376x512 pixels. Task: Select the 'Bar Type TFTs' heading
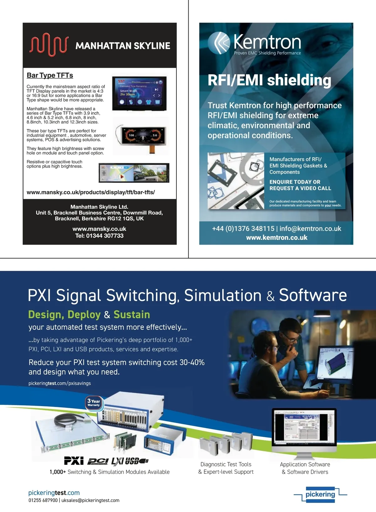click(x=50, y=75)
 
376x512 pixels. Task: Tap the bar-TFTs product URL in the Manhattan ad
click(x=91, y=192)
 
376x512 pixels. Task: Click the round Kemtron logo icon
click(x=220, y=43)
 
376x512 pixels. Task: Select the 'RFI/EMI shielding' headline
click(x=269, y=80)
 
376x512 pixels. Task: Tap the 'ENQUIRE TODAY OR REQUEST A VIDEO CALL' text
click(x=300, y=185)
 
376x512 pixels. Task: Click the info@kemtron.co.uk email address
click(x=310, y=228)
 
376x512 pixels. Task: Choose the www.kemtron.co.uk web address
click(x=277, y=238)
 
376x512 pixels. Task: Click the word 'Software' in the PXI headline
click(x=313, y=295)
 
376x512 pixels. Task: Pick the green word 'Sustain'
click(x=132, y=314)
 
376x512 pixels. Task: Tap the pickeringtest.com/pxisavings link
click(x=60, y=383)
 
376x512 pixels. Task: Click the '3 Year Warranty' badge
click(x=94, y=403)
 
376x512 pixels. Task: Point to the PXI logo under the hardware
click(x=74, y=461)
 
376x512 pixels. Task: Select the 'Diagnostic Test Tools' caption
click(x=226, y=464)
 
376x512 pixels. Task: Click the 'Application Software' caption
click(x=305, y=464)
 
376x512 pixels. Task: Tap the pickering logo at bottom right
click(x=320, y=494)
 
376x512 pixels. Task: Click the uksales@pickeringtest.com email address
click(x=90, y=500)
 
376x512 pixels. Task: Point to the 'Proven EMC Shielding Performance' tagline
click(x=267, y=53)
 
